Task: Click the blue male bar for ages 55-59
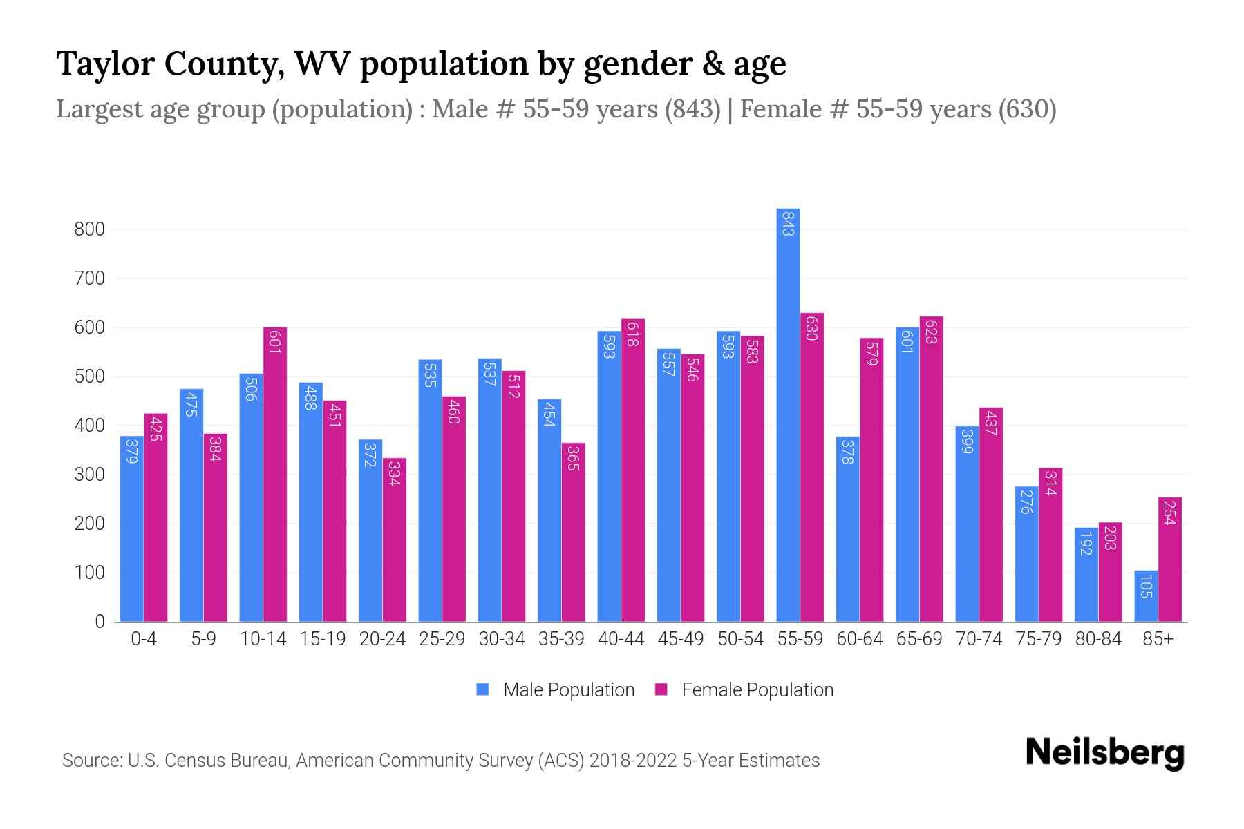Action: click(x=788, y=414)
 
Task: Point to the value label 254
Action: click(x=1169, y=513)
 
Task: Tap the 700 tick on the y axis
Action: click(x=90, y=278)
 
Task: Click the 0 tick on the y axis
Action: click(x=100, y=622)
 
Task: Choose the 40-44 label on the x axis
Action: click(x=621, y=639)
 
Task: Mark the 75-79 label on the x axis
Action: click(x=1038, y=639)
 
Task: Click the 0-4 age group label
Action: click(x=144, y=639)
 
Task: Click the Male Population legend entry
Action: click(x=568, y=690)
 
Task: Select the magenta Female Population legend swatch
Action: click(x=661, y=689)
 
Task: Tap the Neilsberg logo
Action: click(x=1104, y=753)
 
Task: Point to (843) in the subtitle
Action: click(x=692, y=109)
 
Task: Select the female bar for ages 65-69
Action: click(x=931, y=469)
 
